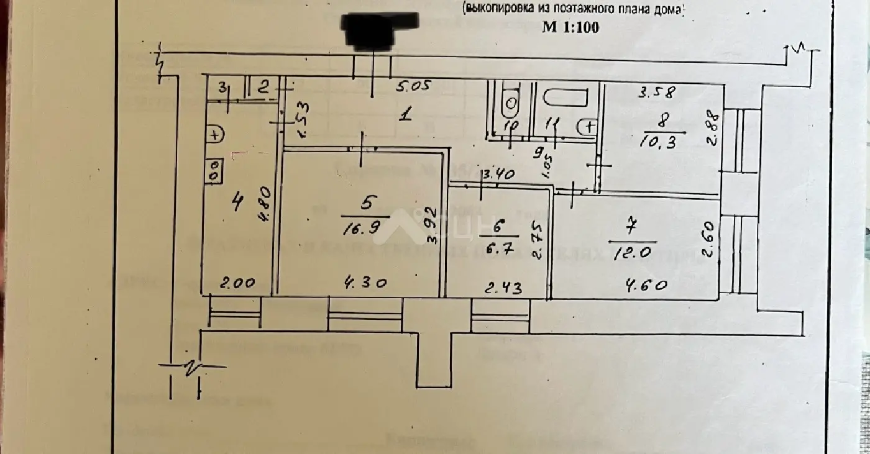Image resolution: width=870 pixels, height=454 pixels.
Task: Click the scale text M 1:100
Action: [570, 27]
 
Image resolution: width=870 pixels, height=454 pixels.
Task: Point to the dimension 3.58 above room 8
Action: [657, 94]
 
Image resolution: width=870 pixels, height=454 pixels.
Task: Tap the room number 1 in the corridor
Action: [405, 114]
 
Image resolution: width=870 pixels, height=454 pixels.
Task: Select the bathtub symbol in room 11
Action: [564, 98]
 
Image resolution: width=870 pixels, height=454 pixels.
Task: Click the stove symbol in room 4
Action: [213, 171]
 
